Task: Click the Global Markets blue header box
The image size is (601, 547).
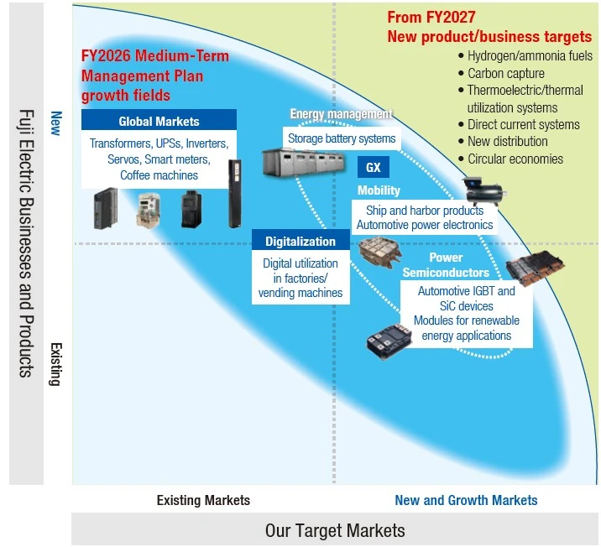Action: pos(147,121)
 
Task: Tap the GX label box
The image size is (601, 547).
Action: pos(373,166)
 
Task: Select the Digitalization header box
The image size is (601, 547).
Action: pos(300,242)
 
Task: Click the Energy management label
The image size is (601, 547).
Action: pos(341,114)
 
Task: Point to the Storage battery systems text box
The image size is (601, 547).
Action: pos(342,138)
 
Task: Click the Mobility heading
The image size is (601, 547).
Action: pos(379,190)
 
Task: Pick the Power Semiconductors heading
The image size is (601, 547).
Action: pos(446,265)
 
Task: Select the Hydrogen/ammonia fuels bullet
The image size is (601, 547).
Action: pos(529,56)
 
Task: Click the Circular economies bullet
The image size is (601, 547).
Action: pos(515,159)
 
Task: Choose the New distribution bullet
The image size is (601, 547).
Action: pos(507,142)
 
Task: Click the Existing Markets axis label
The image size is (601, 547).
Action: pos(203,500)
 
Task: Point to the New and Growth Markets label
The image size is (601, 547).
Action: pos(466,500)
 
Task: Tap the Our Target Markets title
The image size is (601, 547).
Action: pos(335,530)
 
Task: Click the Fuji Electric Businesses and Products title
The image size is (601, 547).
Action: pos(25,242)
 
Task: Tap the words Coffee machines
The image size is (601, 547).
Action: pos(159,175)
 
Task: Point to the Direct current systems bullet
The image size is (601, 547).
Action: pos(523,124)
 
